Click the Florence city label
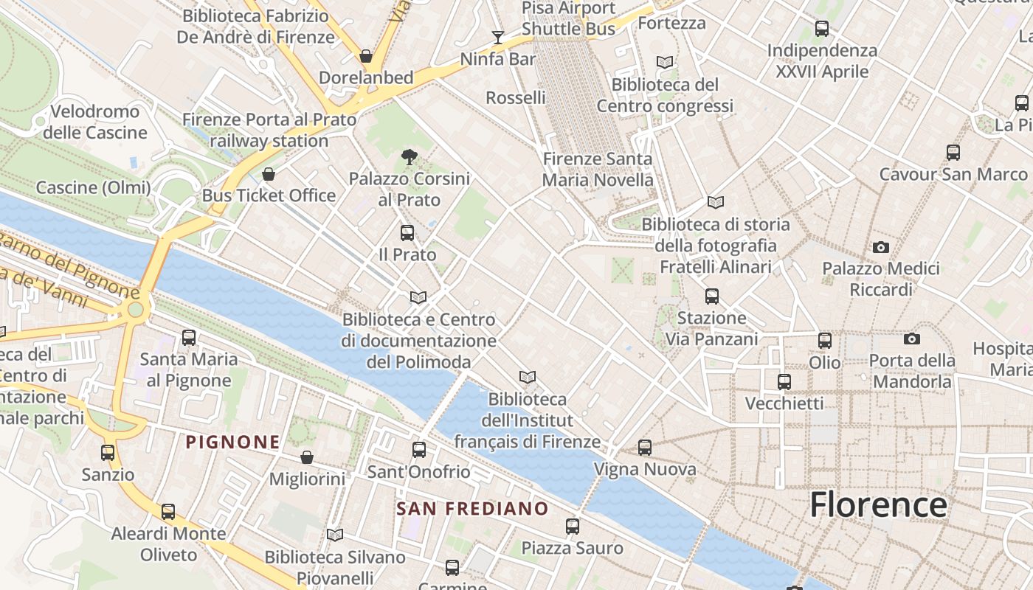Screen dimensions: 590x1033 [878, 505]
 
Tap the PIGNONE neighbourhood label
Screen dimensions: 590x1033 [232, 442]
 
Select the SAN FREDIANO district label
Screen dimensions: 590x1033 [472, 509]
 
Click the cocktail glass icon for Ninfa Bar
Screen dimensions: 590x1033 [498, 37]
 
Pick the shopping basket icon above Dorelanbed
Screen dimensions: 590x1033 [365, 56]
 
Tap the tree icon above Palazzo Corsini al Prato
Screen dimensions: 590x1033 [409, 156]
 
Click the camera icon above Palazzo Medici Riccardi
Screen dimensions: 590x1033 [880, 247]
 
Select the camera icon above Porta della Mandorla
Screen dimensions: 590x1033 [912, 339]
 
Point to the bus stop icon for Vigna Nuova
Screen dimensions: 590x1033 [645, 447]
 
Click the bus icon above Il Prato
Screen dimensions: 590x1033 [407, 233]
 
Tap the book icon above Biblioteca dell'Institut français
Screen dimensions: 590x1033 [527, 378]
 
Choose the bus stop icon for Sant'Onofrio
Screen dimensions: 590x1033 [419, 449]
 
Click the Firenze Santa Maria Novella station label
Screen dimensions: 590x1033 [598, 169]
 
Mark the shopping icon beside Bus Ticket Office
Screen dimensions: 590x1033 [269, 174]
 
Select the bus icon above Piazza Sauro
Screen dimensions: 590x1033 [573, 526]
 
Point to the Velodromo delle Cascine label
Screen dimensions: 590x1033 [95, 122]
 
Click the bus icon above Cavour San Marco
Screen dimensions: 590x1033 [953, 153]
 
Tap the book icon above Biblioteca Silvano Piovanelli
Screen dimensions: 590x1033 [335, 535]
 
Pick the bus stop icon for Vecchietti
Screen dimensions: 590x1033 [784, 381]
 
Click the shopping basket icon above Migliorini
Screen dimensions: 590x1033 [307, 457]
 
